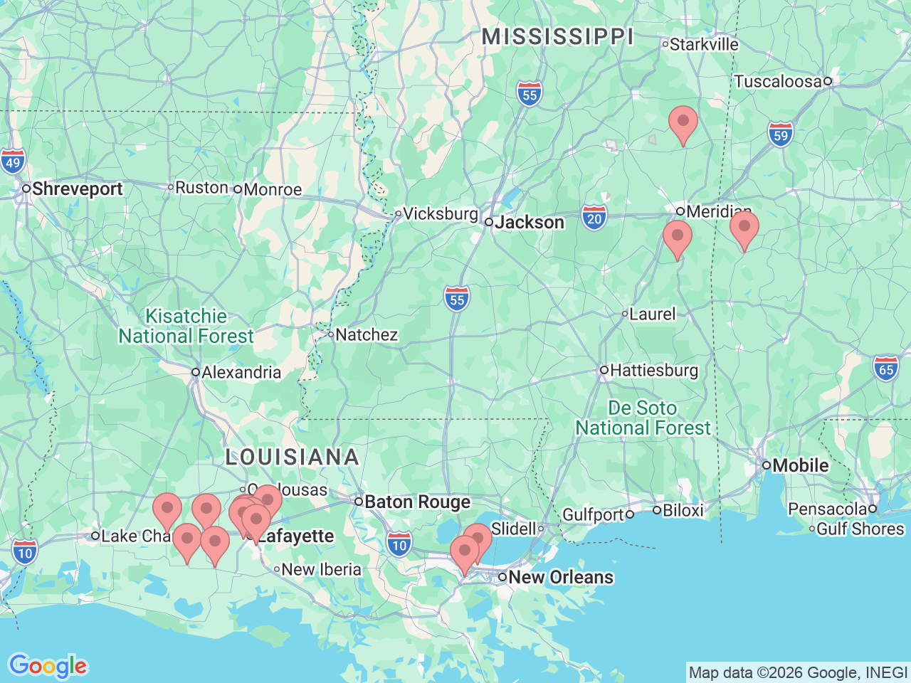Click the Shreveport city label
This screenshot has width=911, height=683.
point(77,189)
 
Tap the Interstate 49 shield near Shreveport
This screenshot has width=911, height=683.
point(13,162)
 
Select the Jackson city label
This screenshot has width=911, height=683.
point(530,223)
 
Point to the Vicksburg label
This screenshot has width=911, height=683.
point(440,213)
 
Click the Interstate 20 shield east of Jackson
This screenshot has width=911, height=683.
point(594,218)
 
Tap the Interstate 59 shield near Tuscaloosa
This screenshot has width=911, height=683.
point(781,134)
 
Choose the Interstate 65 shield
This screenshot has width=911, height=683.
point(886,369)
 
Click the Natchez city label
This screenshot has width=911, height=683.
point(366,334)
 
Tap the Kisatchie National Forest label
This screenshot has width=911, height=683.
point(186,326)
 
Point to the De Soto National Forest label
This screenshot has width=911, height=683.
point(643,418)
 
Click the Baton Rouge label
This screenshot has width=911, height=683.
point(417,502)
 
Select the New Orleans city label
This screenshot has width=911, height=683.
point(561,577)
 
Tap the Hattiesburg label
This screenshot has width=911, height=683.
point(653,371)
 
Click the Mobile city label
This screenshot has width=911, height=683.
point(800,465)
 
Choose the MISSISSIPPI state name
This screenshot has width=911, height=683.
point(557,37)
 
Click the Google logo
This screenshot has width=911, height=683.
point(47,666)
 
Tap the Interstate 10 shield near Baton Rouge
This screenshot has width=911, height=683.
point(399,545)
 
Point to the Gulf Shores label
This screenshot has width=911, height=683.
point(860,529)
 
